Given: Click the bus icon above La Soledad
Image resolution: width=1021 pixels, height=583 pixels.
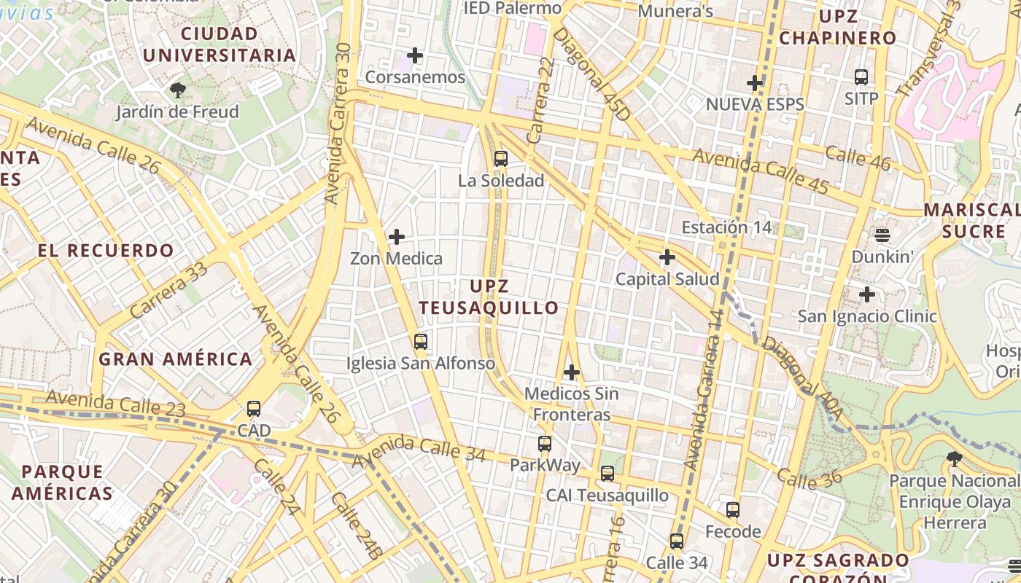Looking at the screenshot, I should point(500,158).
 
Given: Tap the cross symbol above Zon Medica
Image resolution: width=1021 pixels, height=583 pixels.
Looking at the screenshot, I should point(397,237).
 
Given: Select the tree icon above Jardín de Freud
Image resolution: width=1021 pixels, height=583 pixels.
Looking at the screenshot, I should point(177,90).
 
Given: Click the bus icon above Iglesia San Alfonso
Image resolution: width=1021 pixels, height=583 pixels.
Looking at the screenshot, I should point(420,341).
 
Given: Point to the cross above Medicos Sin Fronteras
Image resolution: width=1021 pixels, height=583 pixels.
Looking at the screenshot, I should point(572,372).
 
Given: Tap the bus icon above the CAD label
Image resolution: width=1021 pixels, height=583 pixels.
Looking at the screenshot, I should point(254,409).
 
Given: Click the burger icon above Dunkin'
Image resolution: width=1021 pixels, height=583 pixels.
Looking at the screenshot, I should point(882,235).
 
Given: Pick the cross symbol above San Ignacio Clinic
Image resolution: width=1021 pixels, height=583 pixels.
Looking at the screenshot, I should point(867,294).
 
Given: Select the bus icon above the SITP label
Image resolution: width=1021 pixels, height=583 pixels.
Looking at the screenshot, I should point(861,77).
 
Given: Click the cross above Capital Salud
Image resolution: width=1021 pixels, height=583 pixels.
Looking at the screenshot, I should point(667,257).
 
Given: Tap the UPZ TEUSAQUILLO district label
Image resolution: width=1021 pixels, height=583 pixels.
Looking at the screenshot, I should point(489,297).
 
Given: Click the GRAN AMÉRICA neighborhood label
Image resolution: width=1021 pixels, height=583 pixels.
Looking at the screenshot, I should point(176,359).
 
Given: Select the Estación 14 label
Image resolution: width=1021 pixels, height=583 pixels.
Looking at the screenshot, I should point(726,227).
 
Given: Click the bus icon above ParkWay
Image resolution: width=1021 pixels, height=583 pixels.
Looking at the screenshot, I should point(545,443).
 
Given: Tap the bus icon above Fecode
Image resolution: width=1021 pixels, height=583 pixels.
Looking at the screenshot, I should point(733,510).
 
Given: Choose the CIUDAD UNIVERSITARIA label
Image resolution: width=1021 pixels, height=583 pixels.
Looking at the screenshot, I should point(219,44).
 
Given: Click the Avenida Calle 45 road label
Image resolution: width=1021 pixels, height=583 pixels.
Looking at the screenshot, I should point(760,171).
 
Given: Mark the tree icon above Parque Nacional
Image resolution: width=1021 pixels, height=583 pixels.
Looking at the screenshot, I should point(954,459).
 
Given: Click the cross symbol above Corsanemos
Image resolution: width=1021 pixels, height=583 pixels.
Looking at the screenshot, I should point(415,55).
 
